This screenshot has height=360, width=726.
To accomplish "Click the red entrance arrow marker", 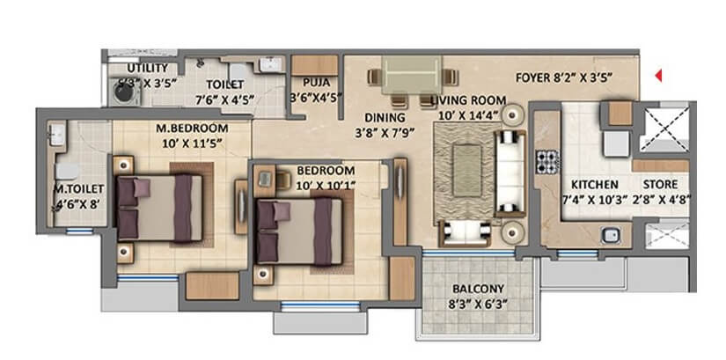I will [x=657, y=77].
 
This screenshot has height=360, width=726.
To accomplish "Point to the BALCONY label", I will [x=478, y=289].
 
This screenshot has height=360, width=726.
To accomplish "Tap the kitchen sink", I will [x=609, y=234].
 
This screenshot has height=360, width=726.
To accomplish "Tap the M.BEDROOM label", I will [x=192, y=129].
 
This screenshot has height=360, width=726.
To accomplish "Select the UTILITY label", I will [x=144, y=68].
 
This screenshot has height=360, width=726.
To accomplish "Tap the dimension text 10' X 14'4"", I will [x=466, y=115].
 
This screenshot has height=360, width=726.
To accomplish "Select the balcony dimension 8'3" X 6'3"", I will [x=478, y=306].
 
